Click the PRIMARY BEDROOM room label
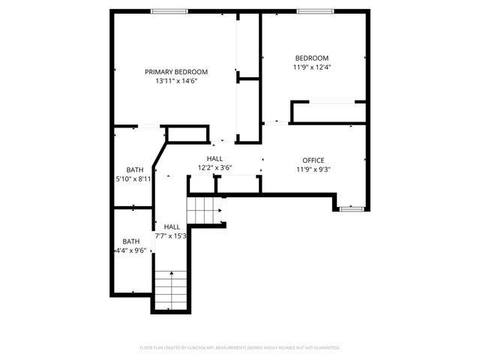pyautogui.click(x=176, y=72)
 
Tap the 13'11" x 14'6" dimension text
pyautogui.click(x=176, y=81)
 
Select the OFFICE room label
pyautogui.click(x=313, y=160)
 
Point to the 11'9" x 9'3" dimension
pyautogui.click(x=313, y=169)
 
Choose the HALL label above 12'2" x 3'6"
pyautogui.click(x=215, y=159)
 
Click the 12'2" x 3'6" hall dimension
pyautogui.click(x=215, y=168)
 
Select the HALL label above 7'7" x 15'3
pyautogui.click(x=172, y=226)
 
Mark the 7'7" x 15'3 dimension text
pyautogui.click(x=171, y=235)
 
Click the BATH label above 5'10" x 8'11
pyautogui.click(x=134, y=169)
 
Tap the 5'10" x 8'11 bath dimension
pyautogui.click(x=133, y=178)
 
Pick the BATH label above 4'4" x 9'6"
pyautogui.click(x=131, y=241)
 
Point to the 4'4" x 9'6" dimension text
pyautogui.click(x=130, y=250)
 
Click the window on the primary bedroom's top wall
pyautogui.click(x=169, y=11)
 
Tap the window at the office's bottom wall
pyautogui.click(x=351, y=208)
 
